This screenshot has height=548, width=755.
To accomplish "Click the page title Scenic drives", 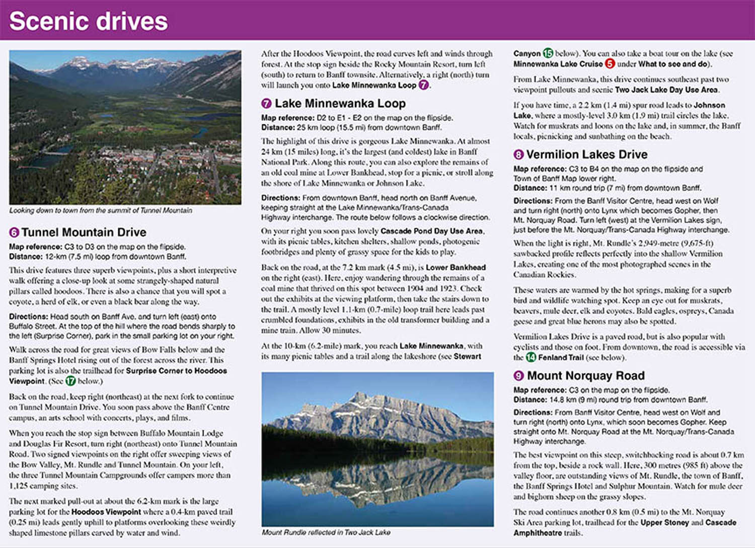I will click(89, 21).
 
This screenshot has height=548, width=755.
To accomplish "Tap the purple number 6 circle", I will click(14, 232).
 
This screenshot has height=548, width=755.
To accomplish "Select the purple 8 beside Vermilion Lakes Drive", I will click(518, 155).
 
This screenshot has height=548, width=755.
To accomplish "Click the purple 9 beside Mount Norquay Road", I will click(518, 376).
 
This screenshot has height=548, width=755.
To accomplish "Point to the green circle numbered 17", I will click(70, 381).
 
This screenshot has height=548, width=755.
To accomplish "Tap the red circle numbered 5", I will click(610, 64).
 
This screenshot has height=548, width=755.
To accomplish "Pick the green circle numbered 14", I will click(531, 357).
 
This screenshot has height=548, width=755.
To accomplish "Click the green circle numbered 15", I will click(548, 53).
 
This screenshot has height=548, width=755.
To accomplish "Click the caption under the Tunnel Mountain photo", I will click(101, 210).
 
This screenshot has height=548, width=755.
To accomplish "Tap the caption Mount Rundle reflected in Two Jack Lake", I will click(326, 532).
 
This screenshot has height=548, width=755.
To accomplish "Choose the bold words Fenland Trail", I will click(561, 357).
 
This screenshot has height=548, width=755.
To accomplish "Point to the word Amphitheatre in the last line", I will click(538, 533).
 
